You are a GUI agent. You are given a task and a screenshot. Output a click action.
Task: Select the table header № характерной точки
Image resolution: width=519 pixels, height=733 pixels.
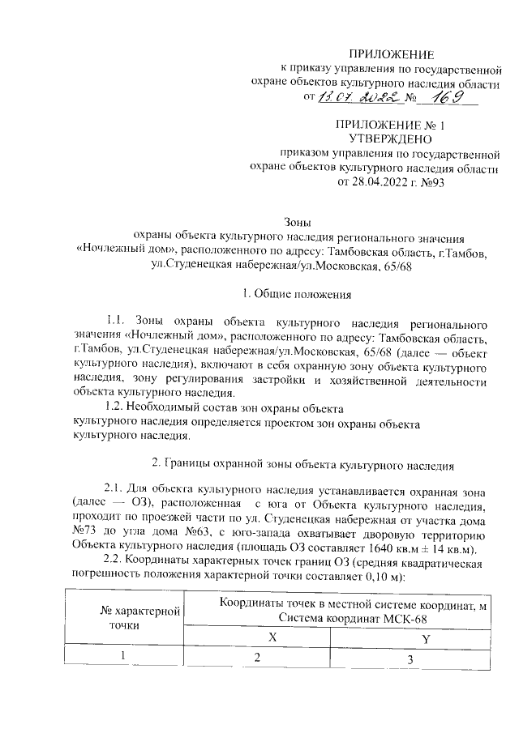click(x=131, y=617)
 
